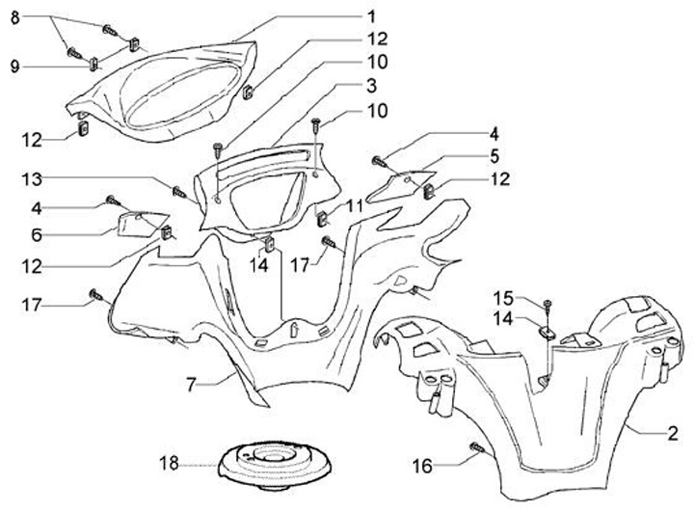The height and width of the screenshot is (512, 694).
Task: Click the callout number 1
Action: click(x=371, y=16)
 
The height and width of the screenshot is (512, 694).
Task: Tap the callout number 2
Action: click(x=673, y=433)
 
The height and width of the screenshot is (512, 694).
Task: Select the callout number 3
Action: click(x=370, y=85)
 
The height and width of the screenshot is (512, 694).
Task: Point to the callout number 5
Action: click(x=494, y=155)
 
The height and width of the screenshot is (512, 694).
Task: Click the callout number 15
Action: click(x=501, y=296)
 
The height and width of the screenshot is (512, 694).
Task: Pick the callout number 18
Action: click(x=169, y=464)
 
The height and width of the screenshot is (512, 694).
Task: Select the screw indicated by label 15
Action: click(x=547, y=306)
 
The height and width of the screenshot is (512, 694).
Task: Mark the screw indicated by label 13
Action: click(x=177, y=190)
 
